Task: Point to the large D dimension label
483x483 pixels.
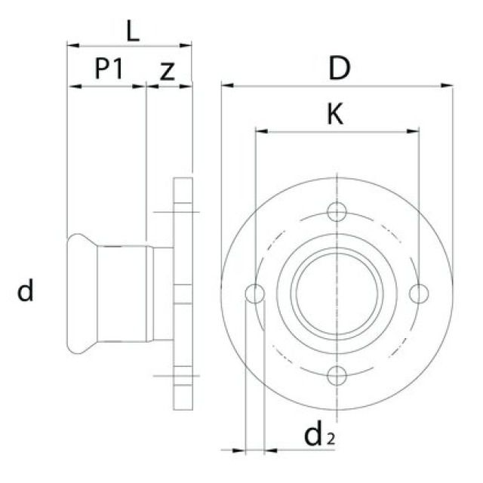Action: coord(339,69)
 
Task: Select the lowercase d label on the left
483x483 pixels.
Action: coord(26,291)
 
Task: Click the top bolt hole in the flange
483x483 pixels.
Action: coord(337,212)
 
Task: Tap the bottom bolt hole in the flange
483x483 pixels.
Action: coord(337,374)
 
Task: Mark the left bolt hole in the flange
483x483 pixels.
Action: coord(256,293)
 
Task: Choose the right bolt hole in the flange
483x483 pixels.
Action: coord(419,293)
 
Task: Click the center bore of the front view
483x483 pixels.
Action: coord(337,293)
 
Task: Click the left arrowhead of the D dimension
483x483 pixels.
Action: coord(224,85)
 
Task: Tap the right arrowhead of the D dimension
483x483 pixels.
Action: coord(450,85)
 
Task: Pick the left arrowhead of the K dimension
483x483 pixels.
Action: coord(259,131)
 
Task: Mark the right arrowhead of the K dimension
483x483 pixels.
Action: coord(415,131)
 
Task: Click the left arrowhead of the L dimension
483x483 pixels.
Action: coord(71,45)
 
